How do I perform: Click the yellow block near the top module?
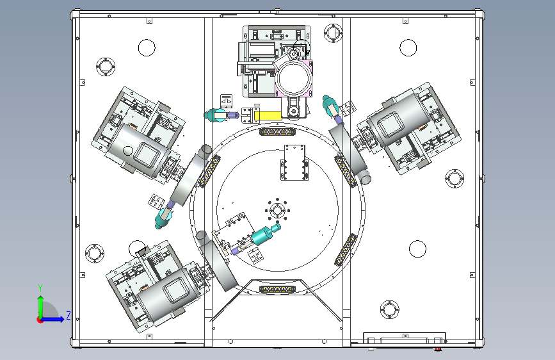point(268,115)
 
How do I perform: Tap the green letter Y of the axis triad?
point(40,288)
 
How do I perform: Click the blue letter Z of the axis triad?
point(68,315)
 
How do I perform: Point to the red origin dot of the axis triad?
point(40,320)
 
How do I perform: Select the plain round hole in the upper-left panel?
point(147,48)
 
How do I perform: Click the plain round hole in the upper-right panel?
point(408,48)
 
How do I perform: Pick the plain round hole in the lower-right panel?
point(417,249)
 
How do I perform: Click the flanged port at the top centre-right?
point(333,33)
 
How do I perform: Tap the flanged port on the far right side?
point(454,179)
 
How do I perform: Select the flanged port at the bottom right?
point(389,309)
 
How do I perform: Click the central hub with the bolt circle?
point(277,210)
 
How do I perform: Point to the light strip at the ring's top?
point(278,132)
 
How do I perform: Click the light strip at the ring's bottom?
point(278,290)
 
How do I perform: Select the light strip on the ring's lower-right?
point(346,250)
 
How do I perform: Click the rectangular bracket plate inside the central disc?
point(294,162)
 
